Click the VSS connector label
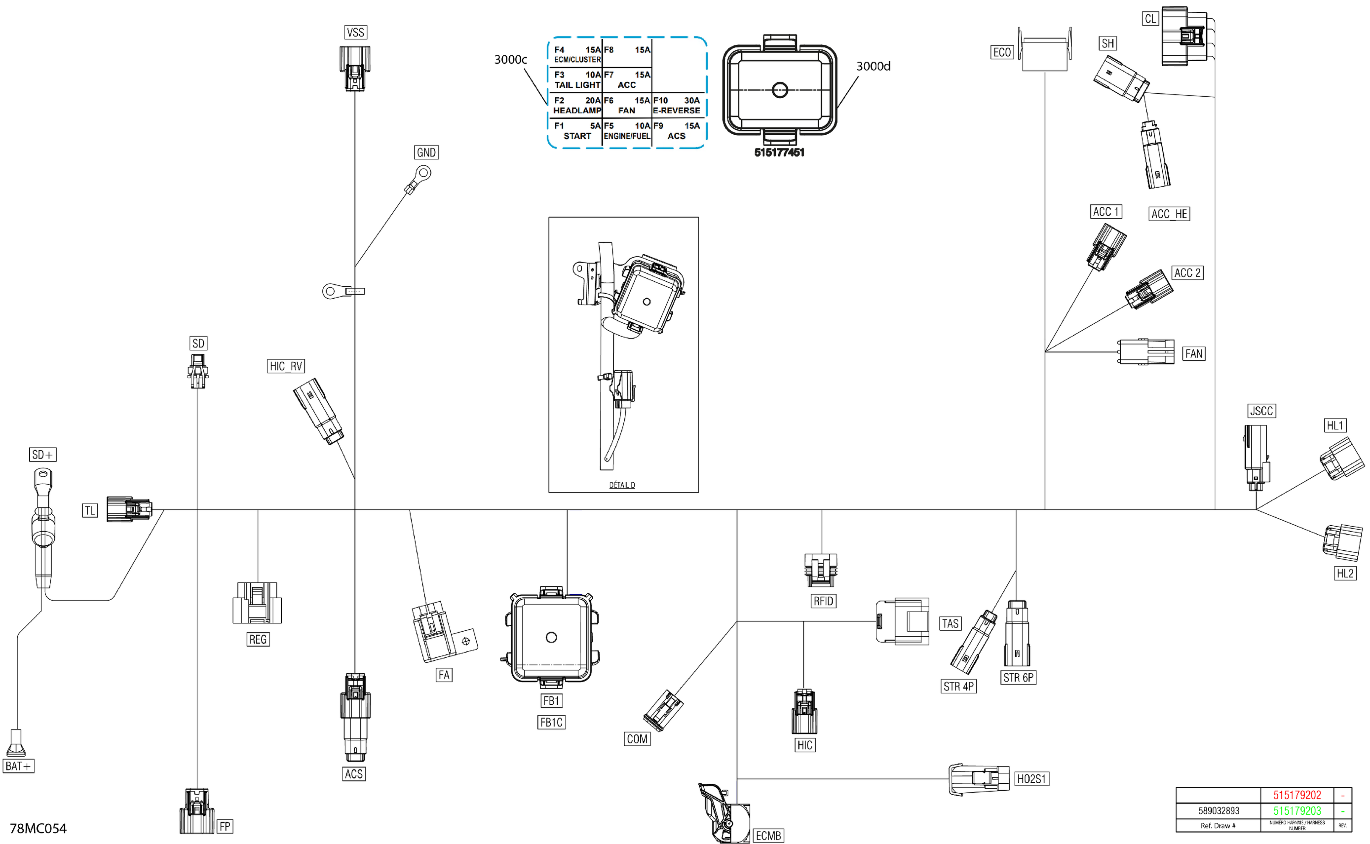355,32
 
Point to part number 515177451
779,153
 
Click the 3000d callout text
873,66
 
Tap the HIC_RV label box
286,366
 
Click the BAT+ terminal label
18,766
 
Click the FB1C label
551,723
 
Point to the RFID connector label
823,601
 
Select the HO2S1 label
1031,779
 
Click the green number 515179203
1297,811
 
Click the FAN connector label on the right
1194,354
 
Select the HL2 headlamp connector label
1345,573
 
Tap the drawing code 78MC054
38,828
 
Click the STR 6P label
1018,678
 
